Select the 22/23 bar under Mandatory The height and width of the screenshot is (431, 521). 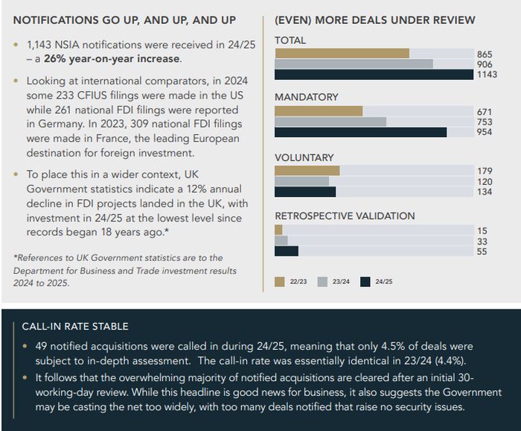click(x=319, y=111)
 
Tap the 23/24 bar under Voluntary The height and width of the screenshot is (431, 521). click(x=301, y=181)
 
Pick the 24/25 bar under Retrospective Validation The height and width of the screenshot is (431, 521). click(x=287, y=251)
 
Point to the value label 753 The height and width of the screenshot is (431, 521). click(x=485, y=122)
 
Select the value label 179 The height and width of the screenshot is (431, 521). click(x=485, y=171)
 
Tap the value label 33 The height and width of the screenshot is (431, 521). click(x=482, y=241)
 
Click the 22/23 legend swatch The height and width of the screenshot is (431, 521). click(x=280, y=282)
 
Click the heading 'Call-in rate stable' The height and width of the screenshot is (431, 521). click(x=75, y=327)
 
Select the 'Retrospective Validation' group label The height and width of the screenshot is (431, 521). click(x=345, y=216)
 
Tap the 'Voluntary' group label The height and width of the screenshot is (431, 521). click(x=304, y=157)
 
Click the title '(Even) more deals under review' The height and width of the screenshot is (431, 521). click(x=375, y=20)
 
